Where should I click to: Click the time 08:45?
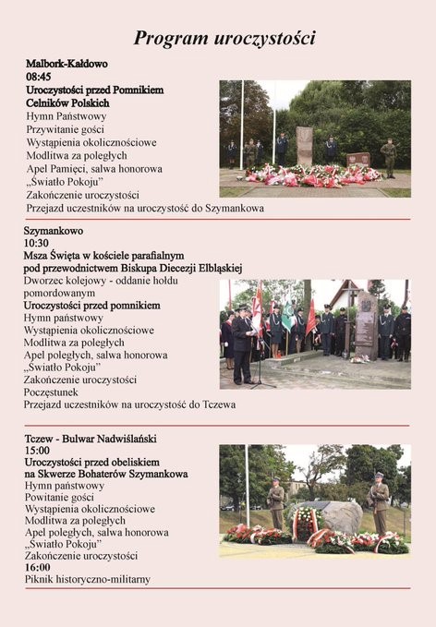click(40, 78)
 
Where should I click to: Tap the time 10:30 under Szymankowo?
click(37, 242)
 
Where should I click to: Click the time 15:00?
click(38, 450)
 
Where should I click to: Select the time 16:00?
click(38, 567)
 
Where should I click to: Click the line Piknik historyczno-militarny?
click(87, 580)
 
